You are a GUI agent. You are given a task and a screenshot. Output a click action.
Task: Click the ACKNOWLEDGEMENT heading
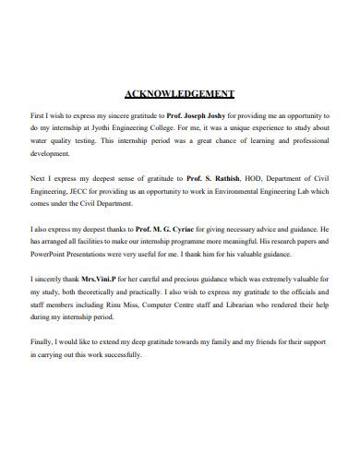click(x=179, y=94)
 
